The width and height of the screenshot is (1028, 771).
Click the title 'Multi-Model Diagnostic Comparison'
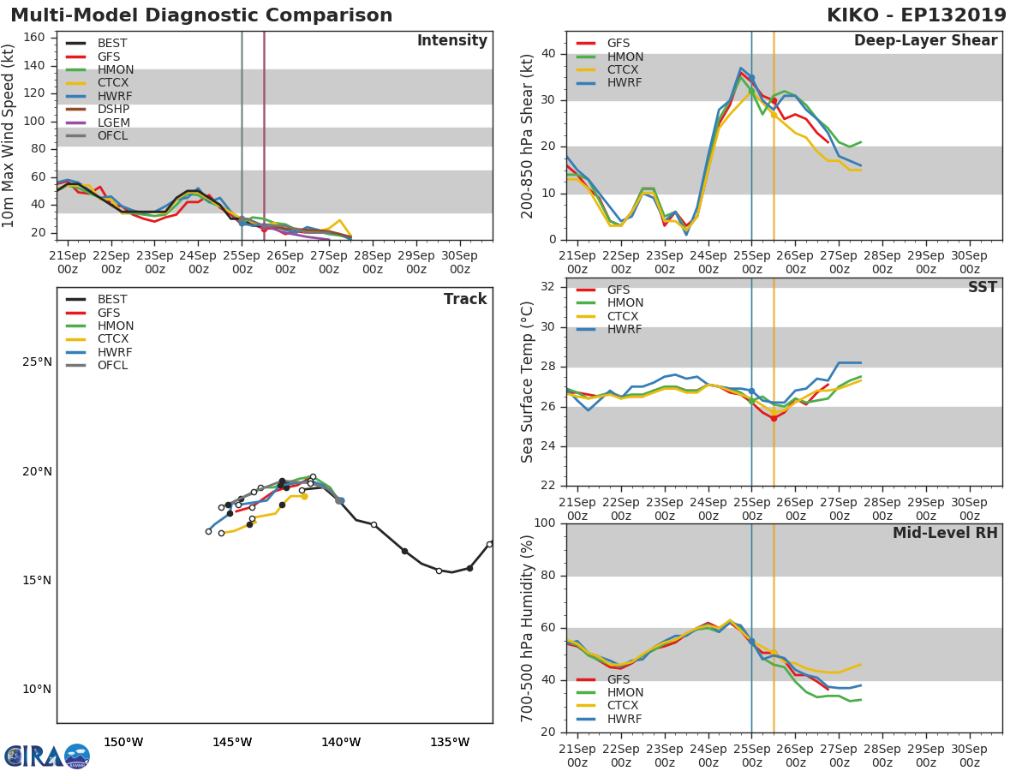[x=201, y=15]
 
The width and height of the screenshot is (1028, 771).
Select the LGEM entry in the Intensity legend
[x=114, y=123]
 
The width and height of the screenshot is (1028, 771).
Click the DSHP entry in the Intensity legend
[x=114, y=110]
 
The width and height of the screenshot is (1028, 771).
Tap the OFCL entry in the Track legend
[x=112, y=365]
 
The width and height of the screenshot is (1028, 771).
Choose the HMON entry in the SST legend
[x=625, y=303]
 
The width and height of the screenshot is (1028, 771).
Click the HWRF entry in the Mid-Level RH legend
[x=625, y=719]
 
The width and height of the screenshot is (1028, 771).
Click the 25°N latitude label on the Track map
[x=36, y=362]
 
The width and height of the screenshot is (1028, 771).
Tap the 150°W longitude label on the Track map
[x=123, y=742]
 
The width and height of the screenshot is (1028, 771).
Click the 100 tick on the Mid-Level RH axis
[x=547, y=523]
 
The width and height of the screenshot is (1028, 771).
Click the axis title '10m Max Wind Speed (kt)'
[x=9, y=134]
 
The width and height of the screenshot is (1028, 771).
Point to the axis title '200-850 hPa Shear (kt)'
[x=528, y=135]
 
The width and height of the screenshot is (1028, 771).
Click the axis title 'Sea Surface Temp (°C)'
[x=528, y=381]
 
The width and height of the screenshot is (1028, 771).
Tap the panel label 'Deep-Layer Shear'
[x=925, y=41]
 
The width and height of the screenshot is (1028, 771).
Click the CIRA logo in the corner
[x=47, y=756]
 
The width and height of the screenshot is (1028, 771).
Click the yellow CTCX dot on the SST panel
[x=774, y=412]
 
